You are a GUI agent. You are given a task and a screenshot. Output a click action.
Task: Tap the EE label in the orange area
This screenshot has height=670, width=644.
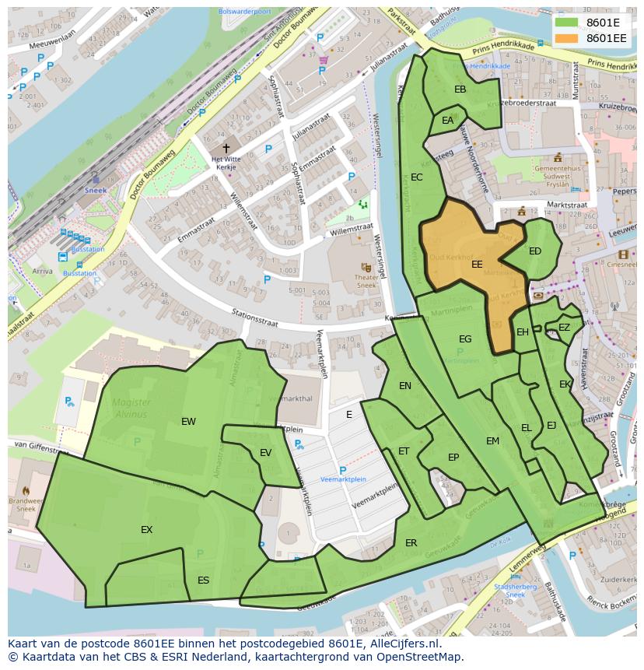pyautogui.click(x=477, y=265)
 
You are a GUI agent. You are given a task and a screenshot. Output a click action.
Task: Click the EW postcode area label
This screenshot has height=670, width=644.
pyautogui.click(x=188, y=421)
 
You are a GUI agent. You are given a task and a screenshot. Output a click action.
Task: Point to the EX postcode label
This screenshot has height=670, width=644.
pyautogui.click(x=146, y=529)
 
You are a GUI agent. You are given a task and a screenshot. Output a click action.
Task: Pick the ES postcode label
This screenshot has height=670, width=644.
pyautogui.click(x=203, y=580)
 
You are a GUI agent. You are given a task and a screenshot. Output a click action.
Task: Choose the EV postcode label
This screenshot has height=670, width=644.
pyautogui.click(x=265, y=453)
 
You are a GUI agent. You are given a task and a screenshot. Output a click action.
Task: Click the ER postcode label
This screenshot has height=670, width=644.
pyautogui.click(x=411, y=542)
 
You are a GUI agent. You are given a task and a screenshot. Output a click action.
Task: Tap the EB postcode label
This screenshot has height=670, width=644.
pyautogui.click(x=460, y=89)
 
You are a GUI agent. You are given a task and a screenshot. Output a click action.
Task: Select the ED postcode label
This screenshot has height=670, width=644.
pyautogui.click(x=535, y=251)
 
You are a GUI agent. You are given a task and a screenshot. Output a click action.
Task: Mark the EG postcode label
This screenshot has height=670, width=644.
pyautogui.click(x=465, y=339)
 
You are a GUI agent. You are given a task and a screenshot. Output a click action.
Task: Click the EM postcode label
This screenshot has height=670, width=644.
pyautogui.click(x=492, y=440)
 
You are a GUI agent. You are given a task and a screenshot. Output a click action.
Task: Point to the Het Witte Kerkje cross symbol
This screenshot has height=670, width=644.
pyautogui.click(x=226, y=148)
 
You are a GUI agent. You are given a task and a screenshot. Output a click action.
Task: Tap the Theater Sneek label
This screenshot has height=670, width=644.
pyautogui.click(x=366, y=281)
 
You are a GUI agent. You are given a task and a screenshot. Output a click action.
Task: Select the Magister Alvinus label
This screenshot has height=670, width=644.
pyautogui.click(x=130, y=408)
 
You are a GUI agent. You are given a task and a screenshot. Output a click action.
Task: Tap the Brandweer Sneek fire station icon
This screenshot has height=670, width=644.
pyautogui.click(x=26, y=491)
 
